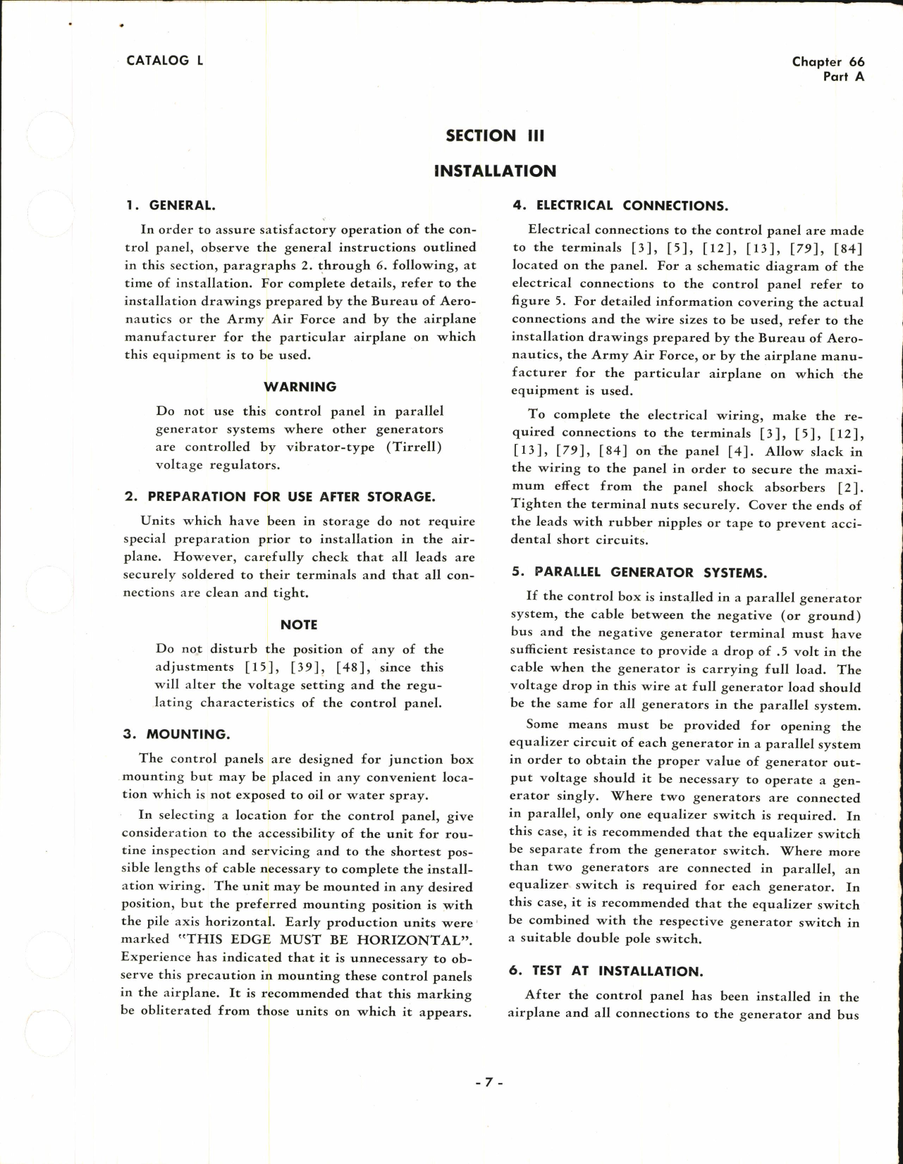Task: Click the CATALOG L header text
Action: [x=164, y=61]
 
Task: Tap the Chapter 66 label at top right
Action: [x=828, y=62]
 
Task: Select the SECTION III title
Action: [x=495, y=136]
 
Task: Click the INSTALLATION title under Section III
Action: [x=495, y=171]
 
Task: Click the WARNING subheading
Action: [x=300, y=387]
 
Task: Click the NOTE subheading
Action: [x=299, y=625]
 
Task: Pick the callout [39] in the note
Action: [x=306, y=667]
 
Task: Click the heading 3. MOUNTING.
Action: [x=176, y=734]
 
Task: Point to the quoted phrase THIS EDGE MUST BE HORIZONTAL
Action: [x=327, y=940]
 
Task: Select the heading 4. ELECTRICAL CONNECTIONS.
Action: [x=620, y=206]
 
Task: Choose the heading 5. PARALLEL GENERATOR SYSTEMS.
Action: [x=639, y=572]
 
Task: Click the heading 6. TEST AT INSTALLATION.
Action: [x=606, y=971]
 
